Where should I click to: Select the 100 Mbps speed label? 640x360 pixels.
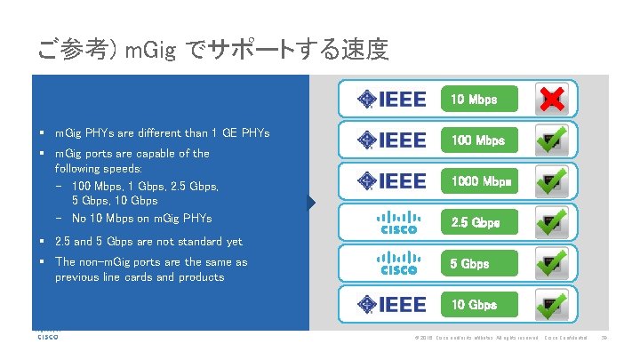(478, 140)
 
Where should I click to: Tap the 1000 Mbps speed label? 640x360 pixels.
(481, 181)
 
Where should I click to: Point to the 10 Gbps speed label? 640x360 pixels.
(475, 305)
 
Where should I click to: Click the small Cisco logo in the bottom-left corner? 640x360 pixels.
(47, 336)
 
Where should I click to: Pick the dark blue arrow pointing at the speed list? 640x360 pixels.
(311, 203)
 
